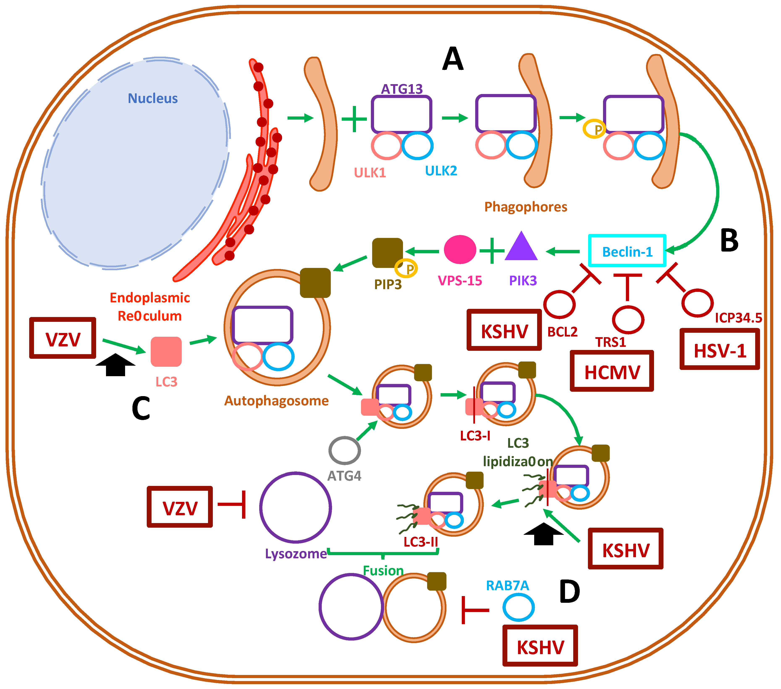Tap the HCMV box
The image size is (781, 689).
tap(612, 371)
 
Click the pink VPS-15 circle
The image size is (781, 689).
tap(460, 249)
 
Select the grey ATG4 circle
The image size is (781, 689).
tap(344, 451)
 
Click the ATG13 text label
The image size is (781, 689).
tap(402, 89)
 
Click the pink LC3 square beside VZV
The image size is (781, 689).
tap(166, 351)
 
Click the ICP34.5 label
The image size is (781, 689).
tap(738, 317)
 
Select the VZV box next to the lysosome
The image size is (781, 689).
tap(180, 507)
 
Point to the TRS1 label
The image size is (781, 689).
tap(611, 342)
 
